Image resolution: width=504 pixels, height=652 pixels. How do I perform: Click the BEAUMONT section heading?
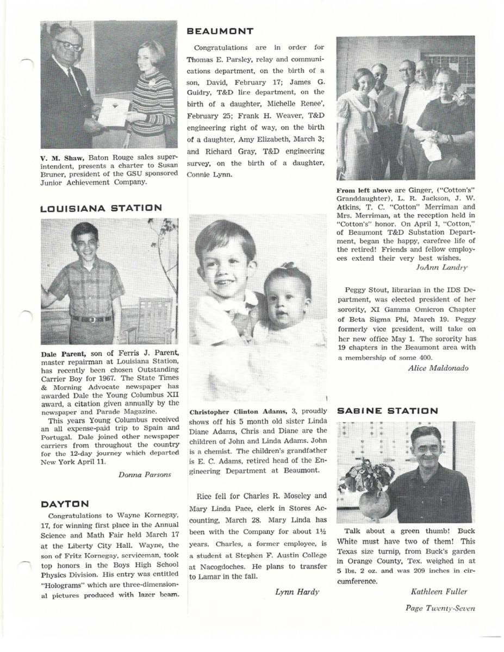[220, 32]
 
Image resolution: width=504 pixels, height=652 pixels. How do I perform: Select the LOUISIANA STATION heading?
[101, 208]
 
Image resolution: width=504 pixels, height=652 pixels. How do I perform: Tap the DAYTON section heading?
[65, 504]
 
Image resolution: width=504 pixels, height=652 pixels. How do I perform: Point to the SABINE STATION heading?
[387, 411]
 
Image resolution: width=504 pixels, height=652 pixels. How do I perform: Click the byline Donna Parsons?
[144, 474]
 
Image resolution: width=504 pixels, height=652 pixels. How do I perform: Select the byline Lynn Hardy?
[297, 592]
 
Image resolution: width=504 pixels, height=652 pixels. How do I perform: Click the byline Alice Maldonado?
[437, 368]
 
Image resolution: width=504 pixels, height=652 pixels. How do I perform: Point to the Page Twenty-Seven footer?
[440, 608]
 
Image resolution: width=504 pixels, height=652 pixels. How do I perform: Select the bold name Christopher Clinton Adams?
[235, 411]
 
